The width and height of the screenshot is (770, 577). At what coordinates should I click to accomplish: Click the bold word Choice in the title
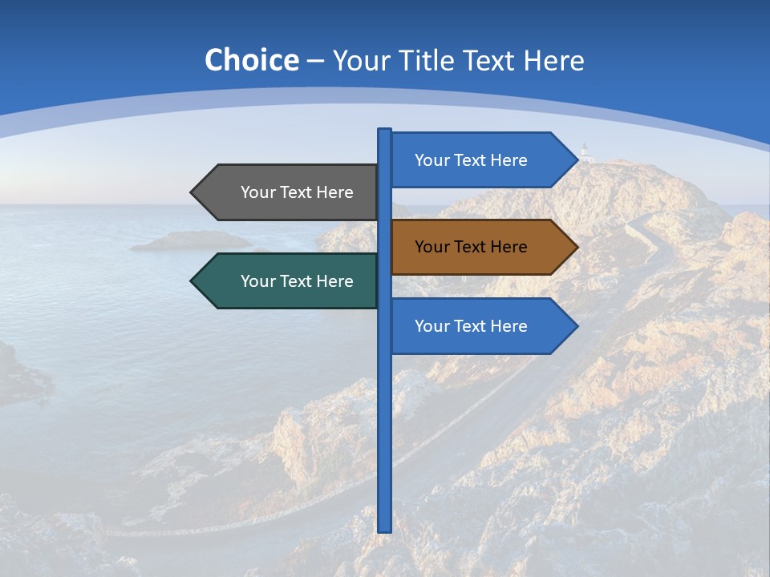pos(251,60)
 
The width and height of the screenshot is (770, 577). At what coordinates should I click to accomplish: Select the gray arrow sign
pos(289,192)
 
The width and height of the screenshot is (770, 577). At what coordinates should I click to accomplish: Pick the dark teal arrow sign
pos(289,281)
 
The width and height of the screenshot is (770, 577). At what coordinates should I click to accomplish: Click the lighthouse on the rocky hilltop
pos(586,151)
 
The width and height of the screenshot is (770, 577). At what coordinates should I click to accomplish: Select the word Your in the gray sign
pos(258,192)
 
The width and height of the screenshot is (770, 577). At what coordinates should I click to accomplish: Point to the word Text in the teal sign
pos(297,281)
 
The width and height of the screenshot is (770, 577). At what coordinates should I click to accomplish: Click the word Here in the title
pos(553,60)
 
